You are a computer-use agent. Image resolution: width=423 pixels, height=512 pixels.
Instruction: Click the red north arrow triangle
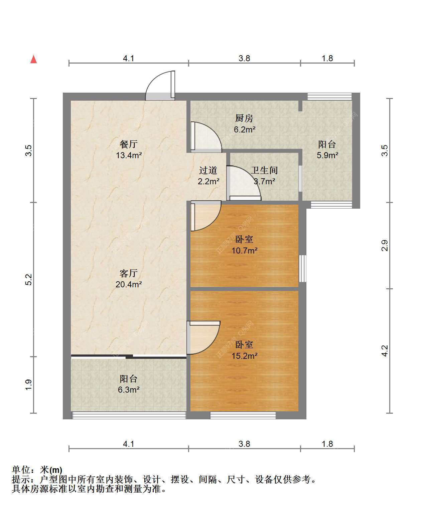point(33,59)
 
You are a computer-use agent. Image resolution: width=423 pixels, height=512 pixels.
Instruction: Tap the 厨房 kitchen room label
point(244,118)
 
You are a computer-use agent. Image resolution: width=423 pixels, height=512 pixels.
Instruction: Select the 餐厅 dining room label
point(128,144)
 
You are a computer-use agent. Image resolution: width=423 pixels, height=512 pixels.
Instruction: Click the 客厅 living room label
point(128,273)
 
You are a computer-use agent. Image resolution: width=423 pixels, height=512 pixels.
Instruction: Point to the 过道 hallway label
point(208,170)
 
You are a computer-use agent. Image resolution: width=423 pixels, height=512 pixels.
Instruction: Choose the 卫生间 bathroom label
point(264,170)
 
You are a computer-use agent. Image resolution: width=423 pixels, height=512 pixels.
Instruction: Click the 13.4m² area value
point(129,155)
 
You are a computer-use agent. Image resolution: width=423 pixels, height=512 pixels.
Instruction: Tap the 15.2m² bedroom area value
point(245,356)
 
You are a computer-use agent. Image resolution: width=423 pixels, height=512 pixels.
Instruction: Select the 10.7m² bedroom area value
point(245,250)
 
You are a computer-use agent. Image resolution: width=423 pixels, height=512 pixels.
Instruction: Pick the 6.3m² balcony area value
point(129,390)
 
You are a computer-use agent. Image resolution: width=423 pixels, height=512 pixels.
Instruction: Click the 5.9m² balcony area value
point(327,155)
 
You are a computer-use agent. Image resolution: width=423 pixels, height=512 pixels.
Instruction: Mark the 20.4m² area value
point(129,284)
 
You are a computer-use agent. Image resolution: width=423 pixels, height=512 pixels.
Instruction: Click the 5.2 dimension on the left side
point(29,280)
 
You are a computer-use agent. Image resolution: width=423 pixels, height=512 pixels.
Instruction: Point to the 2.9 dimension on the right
point(385,245)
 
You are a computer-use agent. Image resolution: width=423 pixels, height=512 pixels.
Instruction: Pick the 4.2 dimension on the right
point(385,351)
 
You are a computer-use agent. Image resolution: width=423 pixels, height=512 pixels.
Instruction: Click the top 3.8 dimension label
point(244,59)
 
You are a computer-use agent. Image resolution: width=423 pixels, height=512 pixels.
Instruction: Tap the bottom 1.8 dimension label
point(327,444)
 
